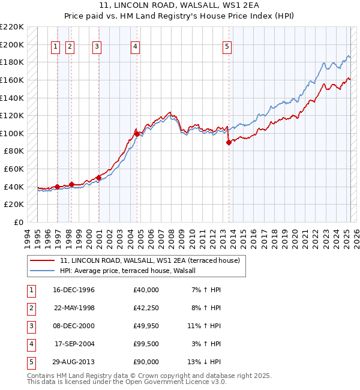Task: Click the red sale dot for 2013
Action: (229, 142)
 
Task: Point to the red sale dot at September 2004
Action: (137, 134)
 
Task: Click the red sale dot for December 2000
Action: (98, 178)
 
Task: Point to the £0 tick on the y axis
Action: (19, 222)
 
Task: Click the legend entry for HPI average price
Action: (132, 271)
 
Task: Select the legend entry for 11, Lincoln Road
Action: (149, 260)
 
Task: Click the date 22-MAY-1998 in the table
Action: (74, 308)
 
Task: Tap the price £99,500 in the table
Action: (146, 344)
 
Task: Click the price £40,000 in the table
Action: (146, 290)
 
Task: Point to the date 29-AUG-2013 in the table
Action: (74, 362)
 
